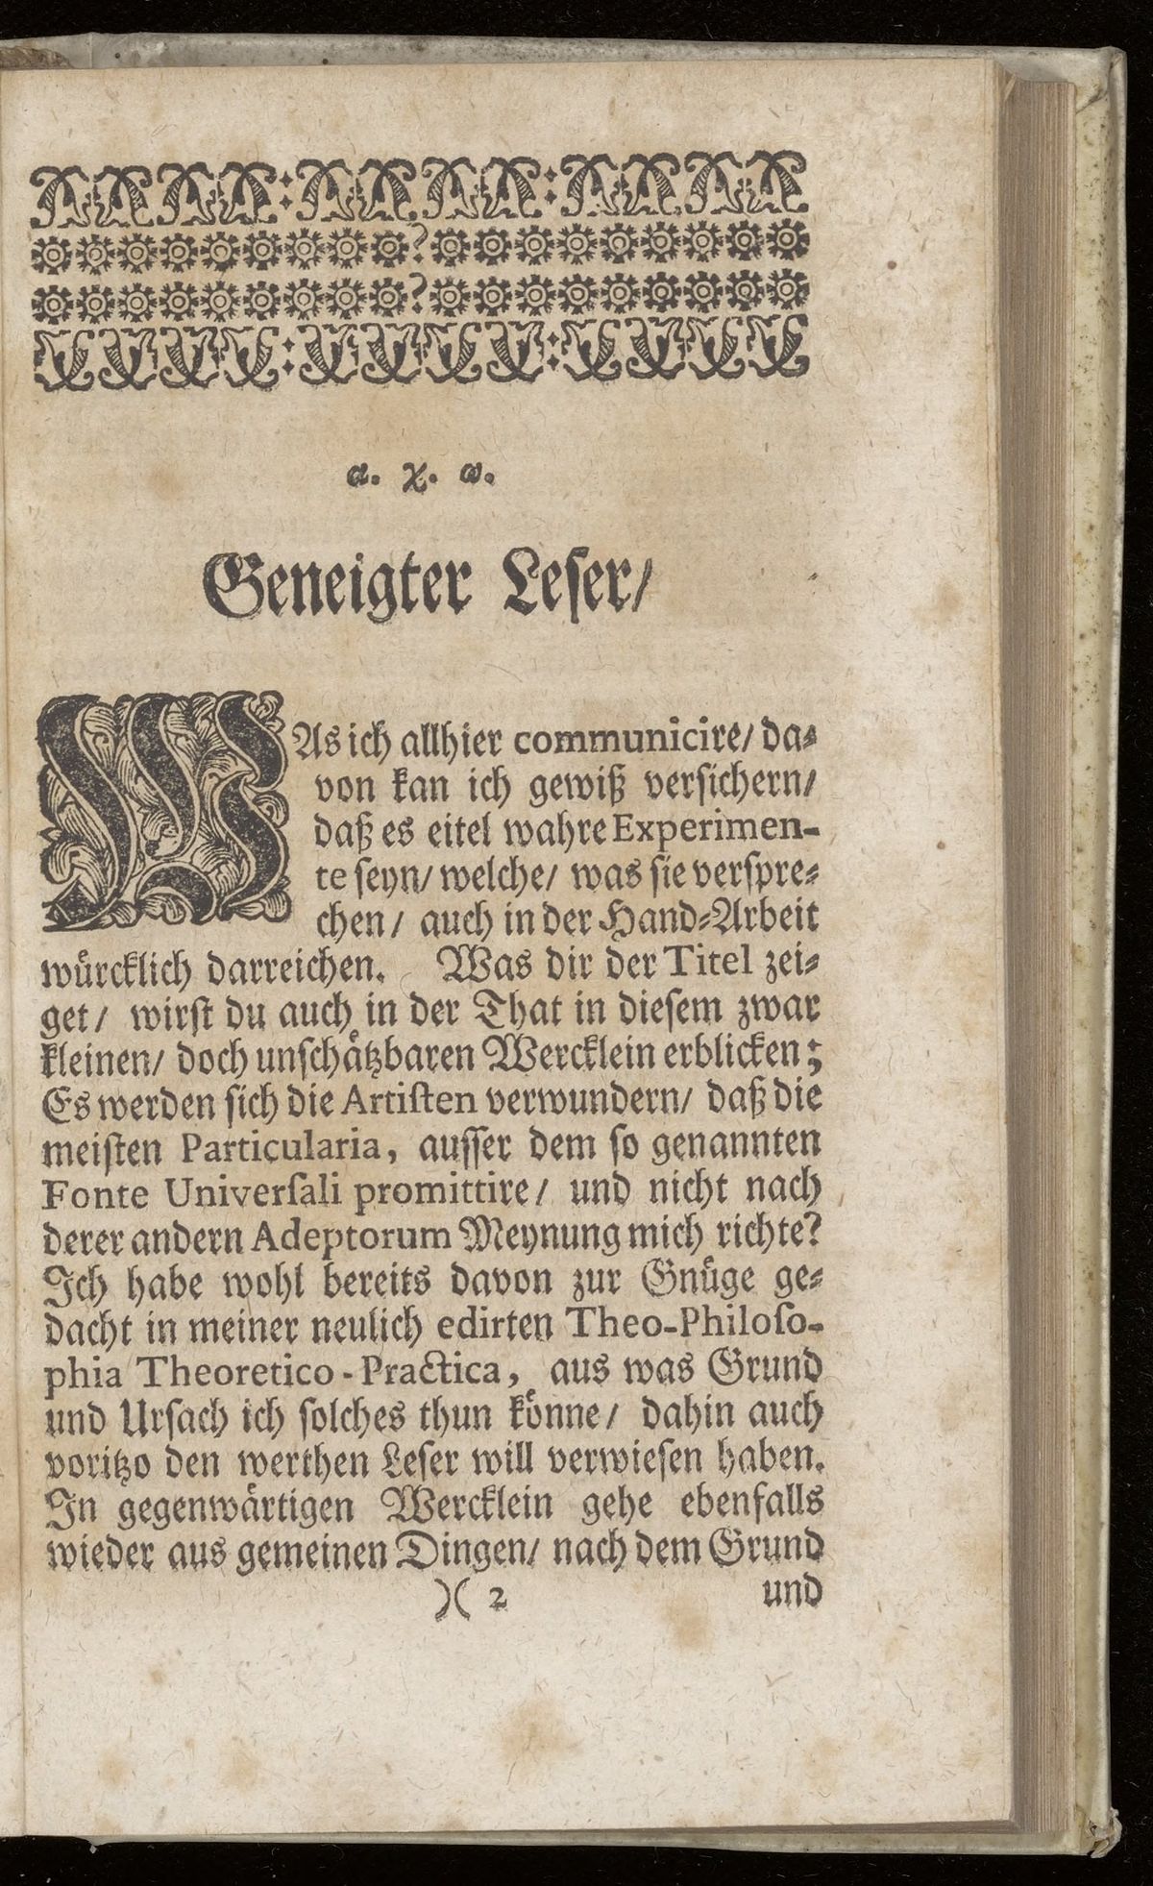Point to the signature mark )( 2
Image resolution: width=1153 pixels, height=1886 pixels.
[x=467, y=1598]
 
